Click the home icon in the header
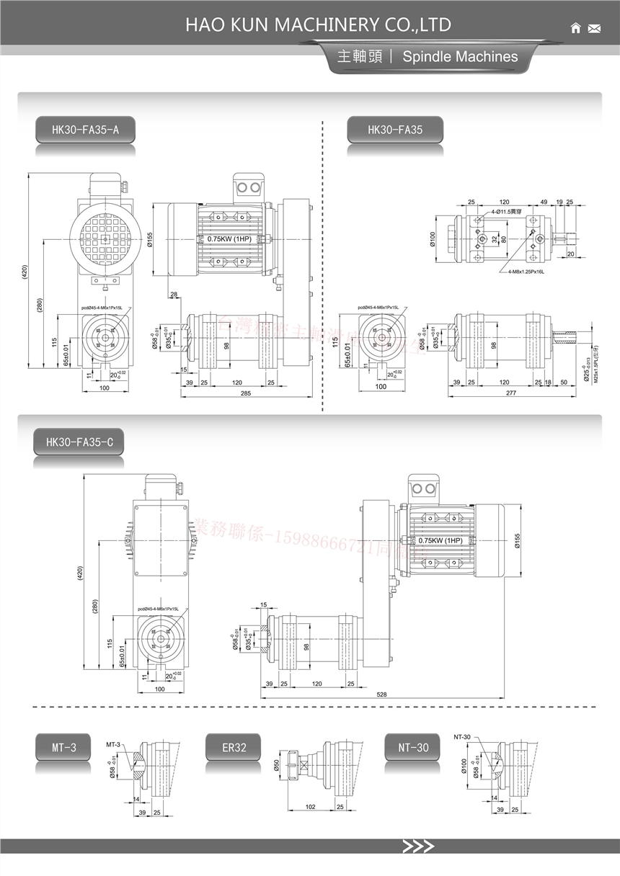(x=575, y=28)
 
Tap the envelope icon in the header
(x=594, y=29)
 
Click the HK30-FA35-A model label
(x=85, y=130)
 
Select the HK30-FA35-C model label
(x=79, y=442)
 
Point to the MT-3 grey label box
(x=63, y=748)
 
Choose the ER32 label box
(x=234, y=748)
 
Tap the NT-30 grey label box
(x=413, y=748)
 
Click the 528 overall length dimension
(x=381, y=695)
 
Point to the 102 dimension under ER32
(x=310, y=807)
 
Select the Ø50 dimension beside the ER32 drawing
(x=276, y=766)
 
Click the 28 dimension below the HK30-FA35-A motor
(x=174, y=294)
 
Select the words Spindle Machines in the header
(x=460, y=57)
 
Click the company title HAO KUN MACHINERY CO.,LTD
(x=318, y=25)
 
